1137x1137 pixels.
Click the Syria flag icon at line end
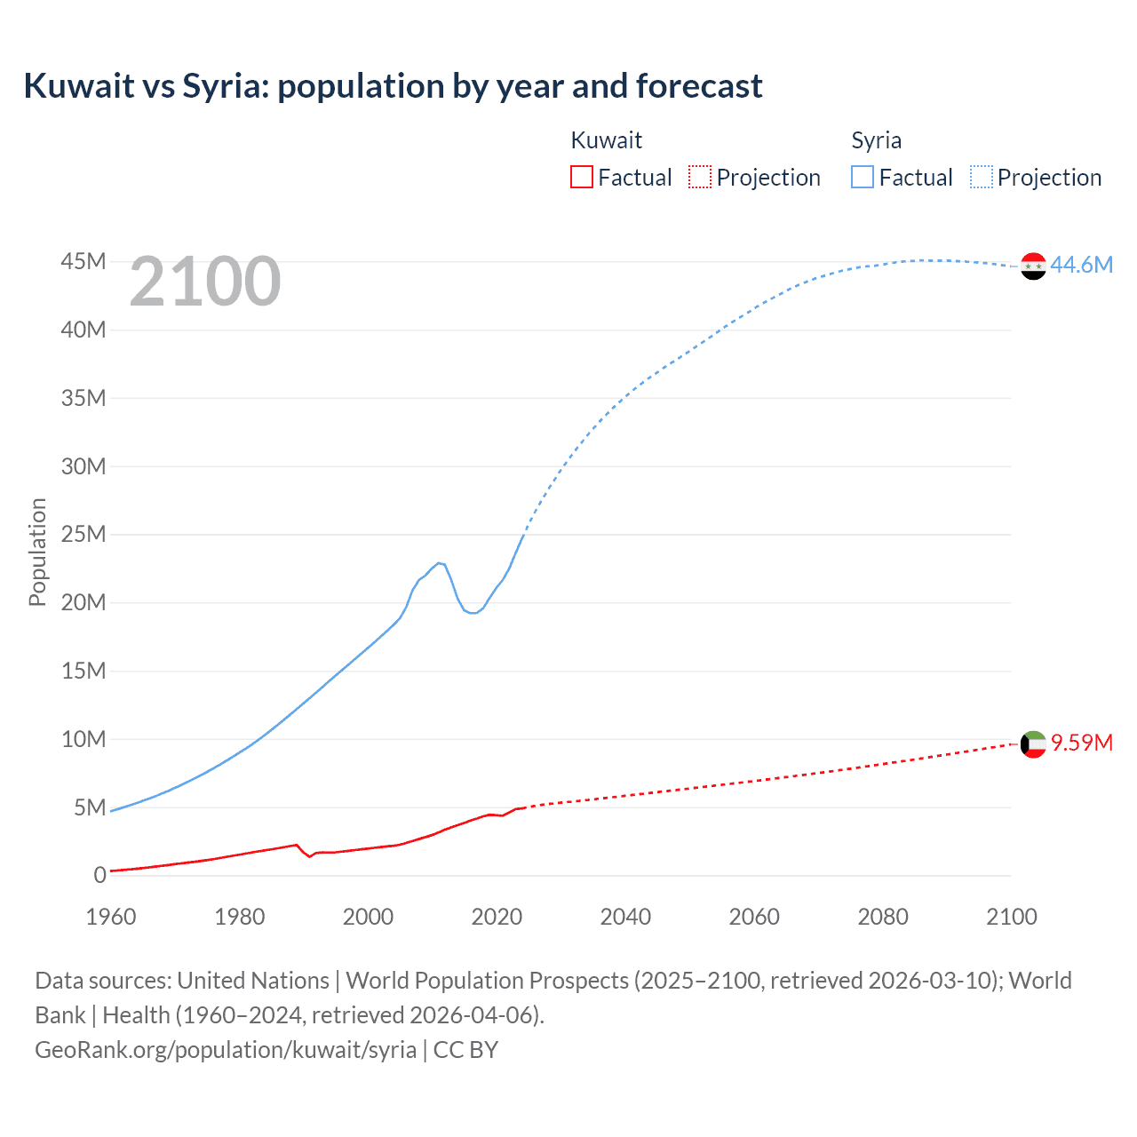tap(1033, 266)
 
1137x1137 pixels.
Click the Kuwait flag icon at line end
tap(1033, 743)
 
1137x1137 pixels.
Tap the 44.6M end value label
tap(1081, 265)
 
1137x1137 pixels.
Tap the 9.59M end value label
tap(1082, 743)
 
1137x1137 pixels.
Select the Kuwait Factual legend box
tap(581, 177)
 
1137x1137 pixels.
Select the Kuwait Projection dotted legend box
tap(700, 177)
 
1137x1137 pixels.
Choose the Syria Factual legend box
tap(862, 177)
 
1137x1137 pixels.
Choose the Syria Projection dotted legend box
tap(981, 177)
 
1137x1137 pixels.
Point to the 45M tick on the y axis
tap(83, 261)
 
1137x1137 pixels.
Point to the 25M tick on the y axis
tap(83, 534)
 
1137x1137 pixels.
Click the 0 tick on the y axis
tap(99, 875)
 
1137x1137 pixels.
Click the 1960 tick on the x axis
tap(110, 917)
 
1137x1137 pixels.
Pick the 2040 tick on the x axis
tap(625, 917)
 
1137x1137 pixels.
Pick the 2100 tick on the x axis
tap(1011, 917)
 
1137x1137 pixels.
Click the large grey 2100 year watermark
tap(204, 282)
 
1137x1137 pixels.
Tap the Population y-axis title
tap(37, 552)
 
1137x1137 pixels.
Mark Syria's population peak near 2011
tap(439, 562)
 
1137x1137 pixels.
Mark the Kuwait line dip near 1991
tap(309, 856)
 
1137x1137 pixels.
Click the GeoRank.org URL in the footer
tap(226, 1049)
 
